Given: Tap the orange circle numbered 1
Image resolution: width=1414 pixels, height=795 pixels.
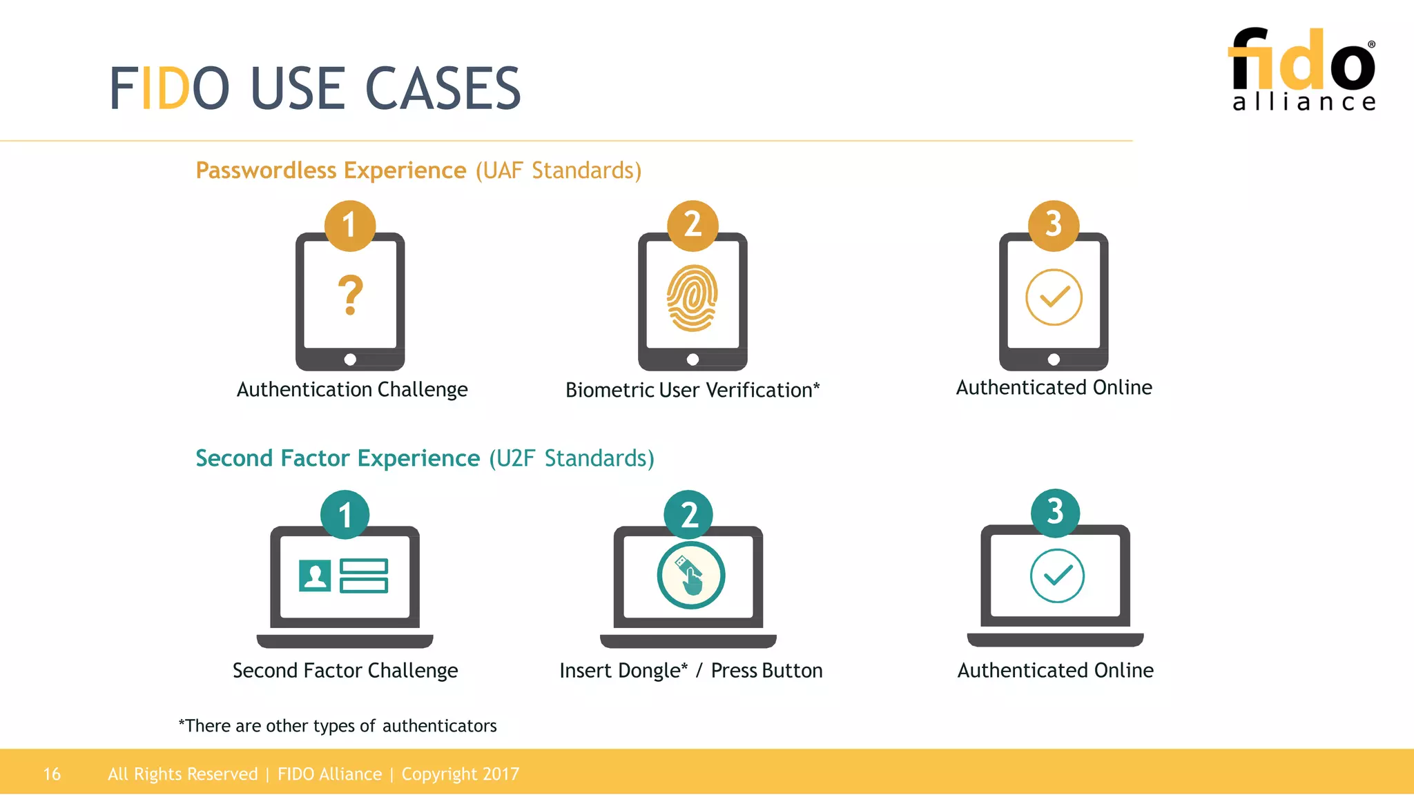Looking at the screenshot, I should [x=350, y=225].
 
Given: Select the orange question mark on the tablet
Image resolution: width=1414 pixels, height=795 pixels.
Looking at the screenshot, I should [x=350, y=295].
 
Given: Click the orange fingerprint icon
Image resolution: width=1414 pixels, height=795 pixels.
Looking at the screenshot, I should [x=692, y=298].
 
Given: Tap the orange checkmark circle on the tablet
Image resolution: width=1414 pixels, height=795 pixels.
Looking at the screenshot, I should [x=1054, y=297].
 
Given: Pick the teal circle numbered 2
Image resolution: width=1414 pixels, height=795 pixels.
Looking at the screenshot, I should [x=689, y=515].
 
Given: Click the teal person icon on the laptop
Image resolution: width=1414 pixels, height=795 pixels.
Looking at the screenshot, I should [x=315, y=576].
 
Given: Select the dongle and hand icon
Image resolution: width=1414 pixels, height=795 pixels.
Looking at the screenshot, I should [x=690, y=576].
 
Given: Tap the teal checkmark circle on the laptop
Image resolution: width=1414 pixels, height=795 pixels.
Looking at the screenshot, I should [x=1057, y=576].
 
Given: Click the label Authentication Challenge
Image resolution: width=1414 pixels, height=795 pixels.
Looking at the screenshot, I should [x=352, y=389].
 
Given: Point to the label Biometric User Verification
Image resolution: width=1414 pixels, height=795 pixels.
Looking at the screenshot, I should [x=692, y=390].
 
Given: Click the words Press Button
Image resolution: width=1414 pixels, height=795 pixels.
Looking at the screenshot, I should [x=766, y=671].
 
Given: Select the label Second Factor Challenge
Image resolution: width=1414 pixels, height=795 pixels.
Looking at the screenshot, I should [x=345, y=671].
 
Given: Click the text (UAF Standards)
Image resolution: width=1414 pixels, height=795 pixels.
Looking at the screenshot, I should [x=558, y=170].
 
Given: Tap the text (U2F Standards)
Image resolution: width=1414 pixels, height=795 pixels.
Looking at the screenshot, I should [x=572, y=458].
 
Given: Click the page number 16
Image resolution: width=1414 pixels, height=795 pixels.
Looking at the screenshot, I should [x=52, y=774].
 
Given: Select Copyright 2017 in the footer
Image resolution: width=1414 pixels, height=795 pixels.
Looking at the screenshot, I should [x=460, y=774].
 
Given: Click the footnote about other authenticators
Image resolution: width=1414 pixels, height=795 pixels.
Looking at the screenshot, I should [x=338, y=726].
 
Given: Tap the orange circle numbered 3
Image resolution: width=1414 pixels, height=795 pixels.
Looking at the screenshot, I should [x=1053, y=225].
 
